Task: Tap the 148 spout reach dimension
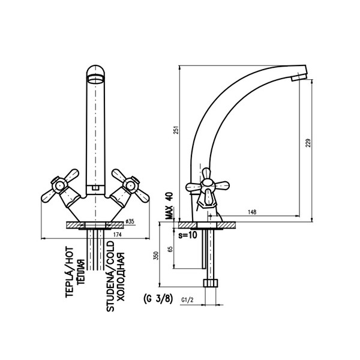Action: [x=254, y=212]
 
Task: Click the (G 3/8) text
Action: [x=158, y=296]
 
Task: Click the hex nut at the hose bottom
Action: [x=211, y=282]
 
